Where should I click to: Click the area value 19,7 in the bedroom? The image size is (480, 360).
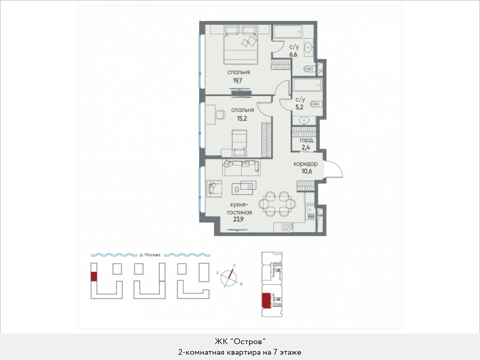coord(237,81)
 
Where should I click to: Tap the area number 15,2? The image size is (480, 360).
coord(242,118)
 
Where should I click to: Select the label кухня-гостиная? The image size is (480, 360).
coord(239,208)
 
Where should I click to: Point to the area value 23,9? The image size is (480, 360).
coord(238,219)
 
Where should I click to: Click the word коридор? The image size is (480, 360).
coord(305,164)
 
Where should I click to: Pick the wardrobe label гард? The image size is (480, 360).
coord(307,140)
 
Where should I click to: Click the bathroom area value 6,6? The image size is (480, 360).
coord(294,55)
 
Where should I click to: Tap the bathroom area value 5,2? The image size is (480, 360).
coord(299,107)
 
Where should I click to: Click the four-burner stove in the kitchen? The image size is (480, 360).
coord(287,227)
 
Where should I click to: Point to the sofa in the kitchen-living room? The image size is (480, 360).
coord(241,168)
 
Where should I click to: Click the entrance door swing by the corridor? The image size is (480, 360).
coord(335,169)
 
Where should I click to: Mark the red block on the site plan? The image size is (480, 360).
coord(94,276)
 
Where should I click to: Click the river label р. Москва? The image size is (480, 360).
coord(150,255)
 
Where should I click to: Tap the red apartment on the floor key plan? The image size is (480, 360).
coord(266,300)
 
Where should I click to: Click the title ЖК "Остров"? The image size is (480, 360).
coord(239,341)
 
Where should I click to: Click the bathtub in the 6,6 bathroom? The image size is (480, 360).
coord(288,32)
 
